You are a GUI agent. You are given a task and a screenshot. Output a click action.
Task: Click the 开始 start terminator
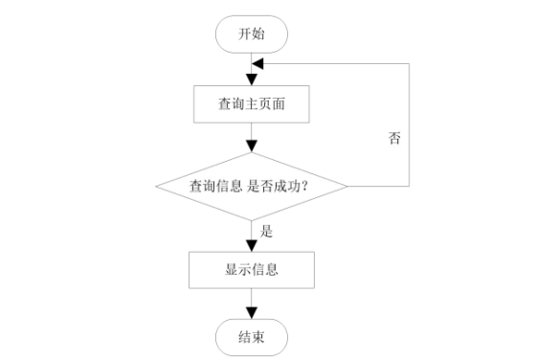pos(252,34)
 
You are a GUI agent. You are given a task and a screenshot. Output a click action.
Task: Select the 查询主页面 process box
pos(252,104)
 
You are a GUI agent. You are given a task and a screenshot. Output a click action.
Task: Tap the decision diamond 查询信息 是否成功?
pos(252,186)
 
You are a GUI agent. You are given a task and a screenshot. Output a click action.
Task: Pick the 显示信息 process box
pos(252,269)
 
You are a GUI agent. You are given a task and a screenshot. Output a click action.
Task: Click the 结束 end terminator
pos(252,337)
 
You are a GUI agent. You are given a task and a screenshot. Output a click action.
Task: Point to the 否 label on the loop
pos(394,138)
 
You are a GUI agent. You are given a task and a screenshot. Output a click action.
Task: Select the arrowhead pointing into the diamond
pos(252,146)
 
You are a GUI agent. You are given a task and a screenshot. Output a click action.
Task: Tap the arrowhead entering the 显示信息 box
pos(252,244)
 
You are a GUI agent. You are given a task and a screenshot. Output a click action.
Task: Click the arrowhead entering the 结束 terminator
pos(252,312)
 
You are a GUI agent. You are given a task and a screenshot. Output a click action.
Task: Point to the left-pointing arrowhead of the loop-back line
pos(256,63)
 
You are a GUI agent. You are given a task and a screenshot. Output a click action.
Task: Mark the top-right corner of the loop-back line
pos(410,63)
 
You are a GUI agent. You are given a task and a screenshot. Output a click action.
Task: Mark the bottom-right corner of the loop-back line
pos(410,186)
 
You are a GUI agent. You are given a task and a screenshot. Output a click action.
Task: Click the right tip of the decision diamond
pos(346,186)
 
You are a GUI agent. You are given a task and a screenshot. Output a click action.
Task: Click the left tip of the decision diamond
pos(156,186)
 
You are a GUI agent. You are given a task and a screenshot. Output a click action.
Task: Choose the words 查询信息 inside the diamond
pos(216,187)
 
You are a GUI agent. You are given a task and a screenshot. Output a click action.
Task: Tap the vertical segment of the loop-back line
pos(410,124)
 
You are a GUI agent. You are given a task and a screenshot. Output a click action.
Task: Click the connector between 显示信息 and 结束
pos(252,302)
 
